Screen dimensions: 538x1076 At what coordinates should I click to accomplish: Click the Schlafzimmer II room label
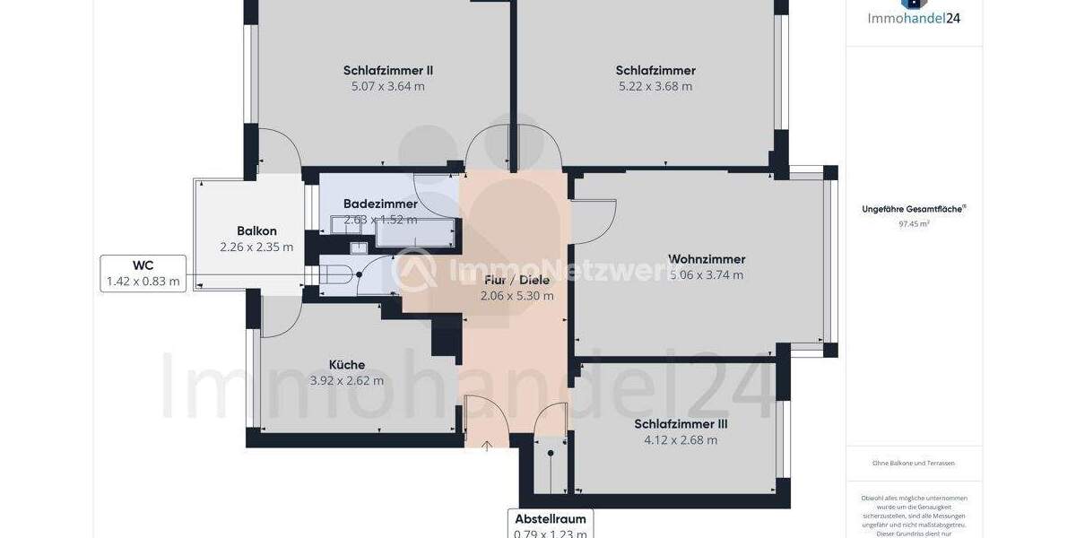pos(388,70)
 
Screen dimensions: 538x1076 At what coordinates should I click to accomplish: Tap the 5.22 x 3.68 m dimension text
pos(655,87)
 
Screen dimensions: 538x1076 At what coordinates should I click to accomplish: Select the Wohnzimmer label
pos(707,259)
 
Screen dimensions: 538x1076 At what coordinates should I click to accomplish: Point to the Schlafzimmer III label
pos(681,424)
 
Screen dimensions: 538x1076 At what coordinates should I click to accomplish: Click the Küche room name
pos(347,365)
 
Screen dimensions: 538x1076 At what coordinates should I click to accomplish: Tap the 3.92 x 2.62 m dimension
pos(347,380)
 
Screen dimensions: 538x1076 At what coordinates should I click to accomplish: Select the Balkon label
pos(256,231)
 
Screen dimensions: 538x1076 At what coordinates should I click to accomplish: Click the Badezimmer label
pos(380,204)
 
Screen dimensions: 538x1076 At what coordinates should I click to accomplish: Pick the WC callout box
pos(143,273)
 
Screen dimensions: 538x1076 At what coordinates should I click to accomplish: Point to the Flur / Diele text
pos(516,280)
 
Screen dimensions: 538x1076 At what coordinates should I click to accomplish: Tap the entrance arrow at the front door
pos(487,445)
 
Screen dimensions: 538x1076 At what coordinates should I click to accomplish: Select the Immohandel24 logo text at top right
pos(914,18)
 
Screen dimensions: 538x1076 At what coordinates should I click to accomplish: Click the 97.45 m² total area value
pos(914,224)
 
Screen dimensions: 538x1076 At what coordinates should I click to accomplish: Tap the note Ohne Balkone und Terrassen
pos(914,463)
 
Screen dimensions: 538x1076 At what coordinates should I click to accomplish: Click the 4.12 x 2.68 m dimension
pos(681,440)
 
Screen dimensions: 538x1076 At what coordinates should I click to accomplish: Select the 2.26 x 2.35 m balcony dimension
pos(256,247)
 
